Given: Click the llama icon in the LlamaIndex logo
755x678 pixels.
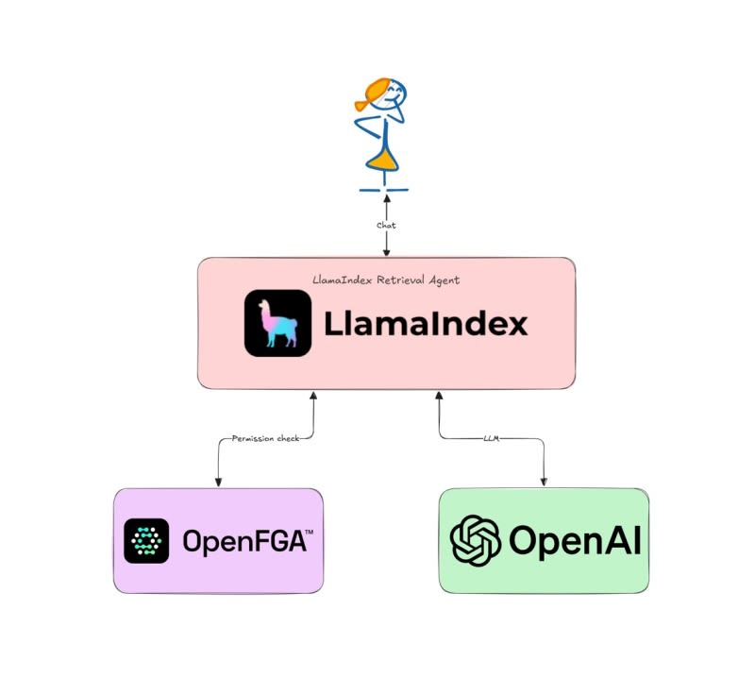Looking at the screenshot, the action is click(277, 323).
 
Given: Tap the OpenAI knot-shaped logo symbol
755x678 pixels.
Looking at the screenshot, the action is click(476, 540).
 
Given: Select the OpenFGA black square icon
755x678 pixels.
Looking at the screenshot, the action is click(146, 541).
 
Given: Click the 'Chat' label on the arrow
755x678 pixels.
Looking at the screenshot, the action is click(386, 225).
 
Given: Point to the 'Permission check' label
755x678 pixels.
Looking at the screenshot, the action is click(266, 438).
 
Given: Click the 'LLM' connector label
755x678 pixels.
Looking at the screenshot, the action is click(491, 438).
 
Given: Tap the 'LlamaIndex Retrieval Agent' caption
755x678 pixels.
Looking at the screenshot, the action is click(386, 280).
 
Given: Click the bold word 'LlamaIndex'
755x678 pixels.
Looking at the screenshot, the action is click(427, 323).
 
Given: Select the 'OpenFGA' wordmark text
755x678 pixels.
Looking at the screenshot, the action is click(244, 541).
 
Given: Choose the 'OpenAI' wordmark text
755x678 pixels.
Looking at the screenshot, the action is click(575, 541).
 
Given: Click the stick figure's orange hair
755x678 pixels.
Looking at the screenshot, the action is click(373, 93).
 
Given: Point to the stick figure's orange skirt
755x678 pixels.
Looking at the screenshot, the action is click(383, 160).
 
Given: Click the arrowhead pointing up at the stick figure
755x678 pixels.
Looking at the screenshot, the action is click(386, 198).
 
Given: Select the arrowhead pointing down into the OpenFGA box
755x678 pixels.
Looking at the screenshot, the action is click(218, 483).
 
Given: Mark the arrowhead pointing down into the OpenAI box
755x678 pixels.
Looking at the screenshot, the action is click(545, 482).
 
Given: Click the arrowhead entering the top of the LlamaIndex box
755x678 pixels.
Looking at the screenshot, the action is click(386, 252).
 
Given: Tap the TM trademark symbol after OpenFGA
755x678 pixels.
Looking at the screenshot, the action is click(310, 532).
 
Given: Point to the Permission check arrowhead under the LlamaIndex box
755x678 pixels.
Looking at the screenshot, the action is click(313, 396).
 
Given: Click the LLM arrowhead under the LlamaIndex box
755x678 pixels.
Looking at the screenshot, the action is click(439, 396).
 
